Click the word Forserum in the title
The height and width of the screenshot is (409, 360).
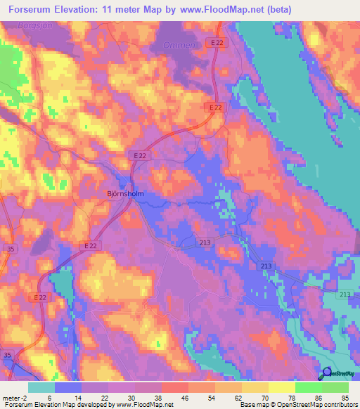(30, 10)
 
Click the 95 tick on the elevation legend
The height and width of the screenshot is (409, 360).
(345, 397)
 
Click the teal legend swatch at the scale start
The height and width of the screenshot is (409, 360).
(41, 387)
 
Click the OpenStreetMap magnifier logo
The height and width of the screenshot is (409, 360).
(326, 373)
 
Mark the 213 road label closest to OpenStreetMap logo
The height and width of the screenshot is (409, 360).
(344, 295)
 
